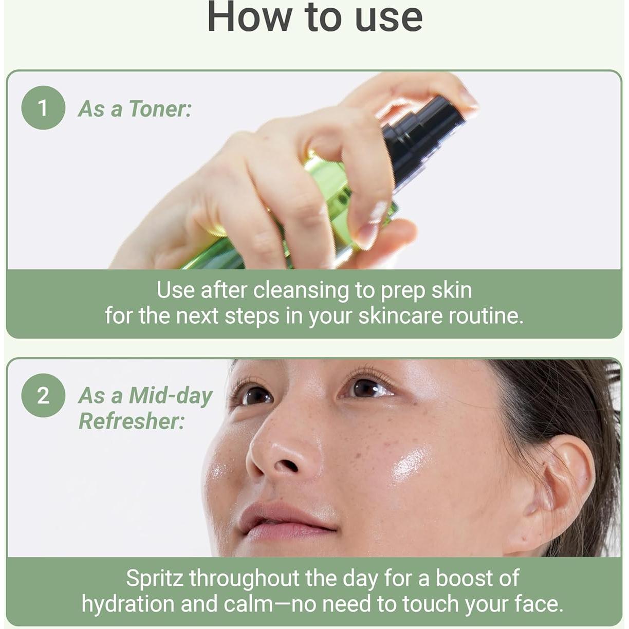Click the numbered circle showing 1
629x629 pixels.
tap(43, 108)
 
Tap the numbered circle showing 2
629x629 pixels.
tap(43, 395)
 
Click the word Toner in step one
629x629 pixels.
tap(159, 109)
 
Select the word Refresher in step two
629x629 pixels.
tap(131, 421)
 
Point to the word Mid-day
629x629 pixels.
tap(171, 396)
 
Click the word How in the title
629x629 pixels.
tap(249, 17)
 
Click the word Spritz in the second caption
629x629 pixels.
tap(155, 579)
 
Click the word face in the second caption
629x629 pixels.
tap(537, 604)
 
